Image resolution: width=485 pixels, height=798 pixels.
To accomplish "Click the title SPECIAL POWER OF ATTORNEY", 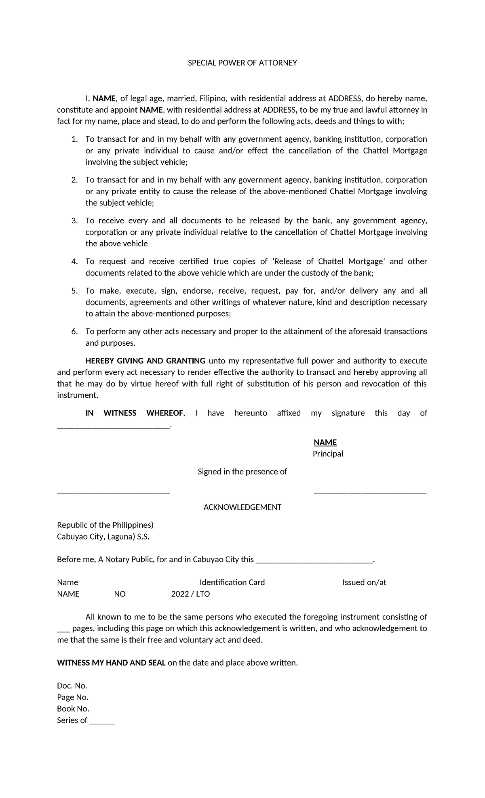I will coord(242,63).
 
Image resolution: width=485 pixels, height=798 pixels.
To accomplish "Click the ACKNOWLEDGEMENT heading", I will coord(242,507).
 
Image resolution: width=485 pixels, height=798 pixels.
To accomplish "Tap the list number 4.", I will coord(74,262).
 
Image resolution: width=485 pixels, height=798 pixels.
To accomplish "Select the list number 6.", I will coord(74,332).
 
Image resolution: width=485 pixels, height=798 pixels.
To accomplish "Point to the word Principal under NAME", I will coord(328,454).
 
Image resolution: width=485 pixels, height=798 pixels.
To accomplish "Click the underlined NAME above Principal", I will coord(325,443).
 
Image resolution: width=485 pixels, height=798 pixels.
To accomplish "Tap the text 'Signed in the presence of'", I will coord(242,472).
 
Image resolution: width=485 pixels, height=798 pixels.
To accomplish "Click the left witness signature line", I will coord(113,492).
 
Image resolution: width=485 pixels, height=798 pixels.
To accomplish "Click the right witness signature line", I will coord(370,492).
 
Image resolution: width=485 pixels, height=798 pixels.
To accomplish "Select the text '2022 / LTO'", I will coord(190,594).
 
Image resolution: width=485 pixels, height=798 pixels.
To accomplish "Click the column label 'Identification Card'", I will coord(232,582).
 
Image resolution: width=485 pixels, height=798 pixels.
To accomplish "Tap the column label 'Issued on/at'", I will coord(364,582).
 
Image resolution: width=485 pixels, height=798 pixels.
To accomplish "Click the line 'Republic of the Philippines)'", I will coord(105,525).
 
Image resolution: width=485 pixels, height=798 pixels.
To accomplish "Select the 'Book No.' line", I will coord(73,709).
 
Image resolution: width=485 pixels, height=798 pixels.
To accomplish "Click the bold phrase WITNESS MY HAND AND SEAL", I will coord(111,663).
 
